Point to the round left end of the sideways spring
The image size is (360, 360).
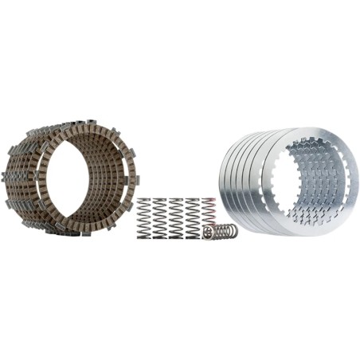[207, 233]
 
